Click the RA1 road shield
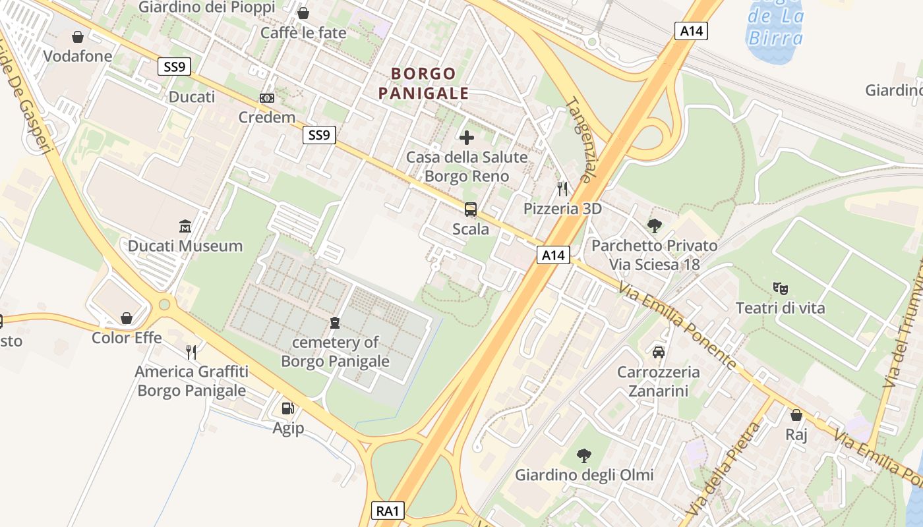(x=388, y=511)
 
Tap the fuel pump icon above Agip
(x=287, y=408)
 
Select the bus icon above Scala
(x=470, y=209)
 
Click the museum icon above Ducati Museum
(x=185, y=227)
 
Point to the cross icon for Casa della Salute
(x=467, y=138)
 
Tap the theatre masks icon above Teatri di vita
(x=781, y=288)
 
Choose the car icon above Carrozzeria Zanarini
(x=658, y=352)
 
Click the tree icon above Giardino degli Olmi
(x=583, y=455)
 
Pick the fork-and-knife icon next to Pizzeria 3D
(x=562, y=189)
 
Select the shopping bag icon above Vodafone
(x=78, y=37)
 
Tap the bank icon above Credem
(x=267, y=98)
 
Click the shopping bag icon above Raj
(x=796, y=415)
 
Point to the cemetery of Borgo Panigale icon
(x=336, y=323)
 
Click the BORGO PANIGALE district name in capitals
(x=423, y=83)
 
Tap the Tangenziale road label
(x=580, y=140)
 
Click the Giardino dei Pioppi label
(x=207, y=8)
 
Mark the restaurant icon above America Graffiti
(x=191, y=352)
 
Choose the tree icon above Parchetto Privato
(x=654, y=227)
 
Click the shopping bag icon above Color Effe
(x=127, y=318)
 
